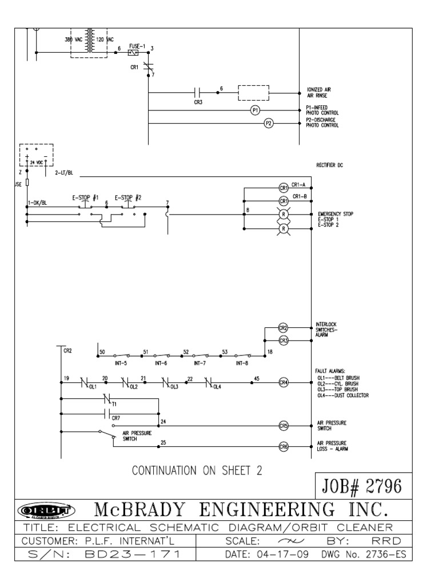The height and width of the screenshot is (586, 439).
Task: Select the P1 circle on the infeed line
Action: click(x=256, y=110)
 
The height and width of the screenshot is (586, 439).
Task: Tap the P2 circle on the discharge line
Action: click(x=268, y=123)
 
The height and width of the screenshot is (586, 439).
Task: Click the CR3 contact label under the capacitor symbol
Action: click(x=198, y=102)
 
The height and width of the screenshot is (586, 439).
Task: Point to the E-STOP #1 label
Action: click(x=86, y=197)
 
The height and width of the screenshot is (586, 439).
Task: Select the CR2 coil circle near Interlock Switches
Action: click(x=282, y=328)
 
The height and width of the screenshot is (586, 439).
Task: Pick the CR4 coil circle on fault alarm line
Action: click(x=283, y=382)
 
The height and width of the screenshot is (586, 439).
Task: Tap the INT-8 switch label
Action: click(x=242, y=363)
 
